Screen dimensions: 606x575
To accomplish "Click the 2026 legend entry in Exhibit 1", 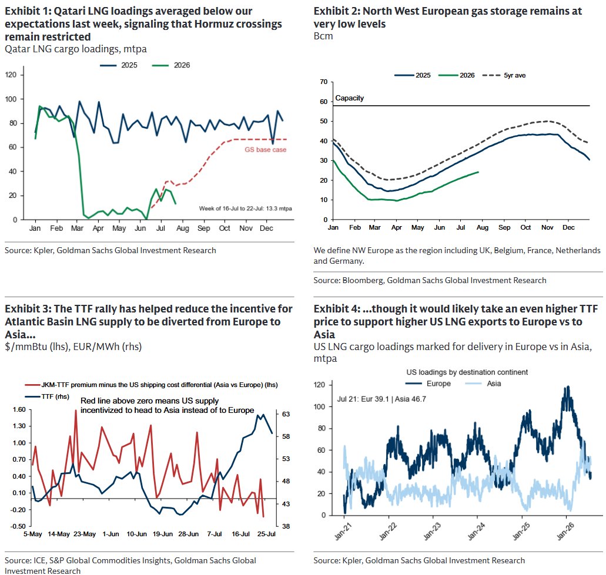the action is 171,65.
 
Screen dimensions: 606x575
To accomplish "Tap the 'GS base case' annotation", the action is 266,149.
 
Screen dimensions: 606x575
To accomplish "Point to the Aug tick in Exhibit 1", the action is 182,228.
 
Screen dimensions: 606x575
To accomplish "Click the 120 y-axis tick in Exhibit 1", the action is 11,75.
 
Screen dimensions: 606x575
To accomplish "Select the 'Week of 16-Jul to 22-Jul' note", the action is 246,209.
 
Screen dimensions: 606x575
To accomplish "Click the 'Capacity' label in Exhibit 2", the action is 349,98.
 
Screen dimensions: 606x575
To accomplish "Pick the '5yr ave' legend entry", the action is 504,75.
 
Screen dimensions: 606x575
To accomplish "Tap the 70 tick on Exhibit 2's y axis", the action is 323,82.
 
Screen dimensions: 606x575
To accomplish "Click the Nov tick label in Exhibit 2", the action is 547,227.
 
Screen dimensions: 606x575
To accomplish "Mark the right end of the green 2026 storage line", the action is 478,172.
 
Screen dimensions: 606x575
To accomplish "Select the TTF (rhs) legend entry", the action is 47,396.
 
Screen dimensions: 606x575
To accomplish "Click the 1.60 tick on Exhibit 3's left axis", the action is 19,409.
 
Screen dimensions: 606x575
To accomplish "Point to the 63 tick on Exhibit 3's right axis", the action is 286,414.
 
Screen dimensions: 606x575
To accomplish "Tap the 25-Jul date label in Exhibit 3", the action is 267,534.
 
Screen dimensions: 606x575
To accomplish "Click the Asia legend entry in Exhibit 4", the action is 483,384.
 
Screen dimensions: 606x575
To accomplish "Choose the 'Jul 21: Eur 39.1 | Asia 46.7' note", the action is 381,399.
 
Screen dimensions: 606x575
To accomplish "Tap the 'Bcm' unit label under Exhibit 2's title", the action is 323,36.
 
